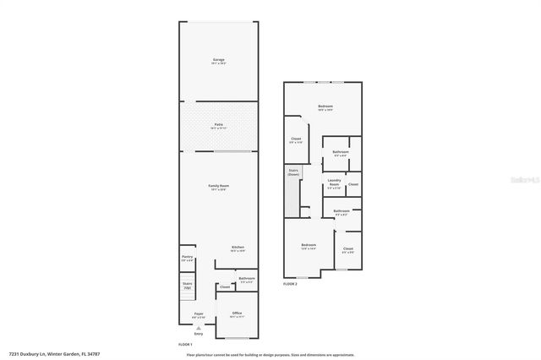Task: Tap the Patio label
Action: pos(219,124)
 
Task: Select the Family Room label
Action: pos(219,185)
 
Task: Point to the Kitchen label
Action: pos(238,247)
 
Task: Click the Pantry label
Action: pos(187,257)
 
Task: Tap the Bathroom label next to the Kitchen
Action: pos(246,278)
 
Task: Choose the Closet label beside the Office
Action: pos(224,287)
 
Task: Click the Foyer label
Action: pos(199,314)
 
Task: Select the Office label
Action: pos(237,314)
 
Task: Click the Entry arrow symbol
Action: pos(199,327)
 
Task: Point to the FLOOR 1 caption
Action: pos(186,344)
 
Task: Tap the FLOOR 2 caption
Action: pos(290,284)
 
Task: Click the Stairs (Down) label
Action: pos(293,172)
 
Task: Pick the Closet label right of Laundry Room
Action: pos(353,183)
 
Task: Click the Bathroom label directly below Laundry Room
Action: pos(342,210)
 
